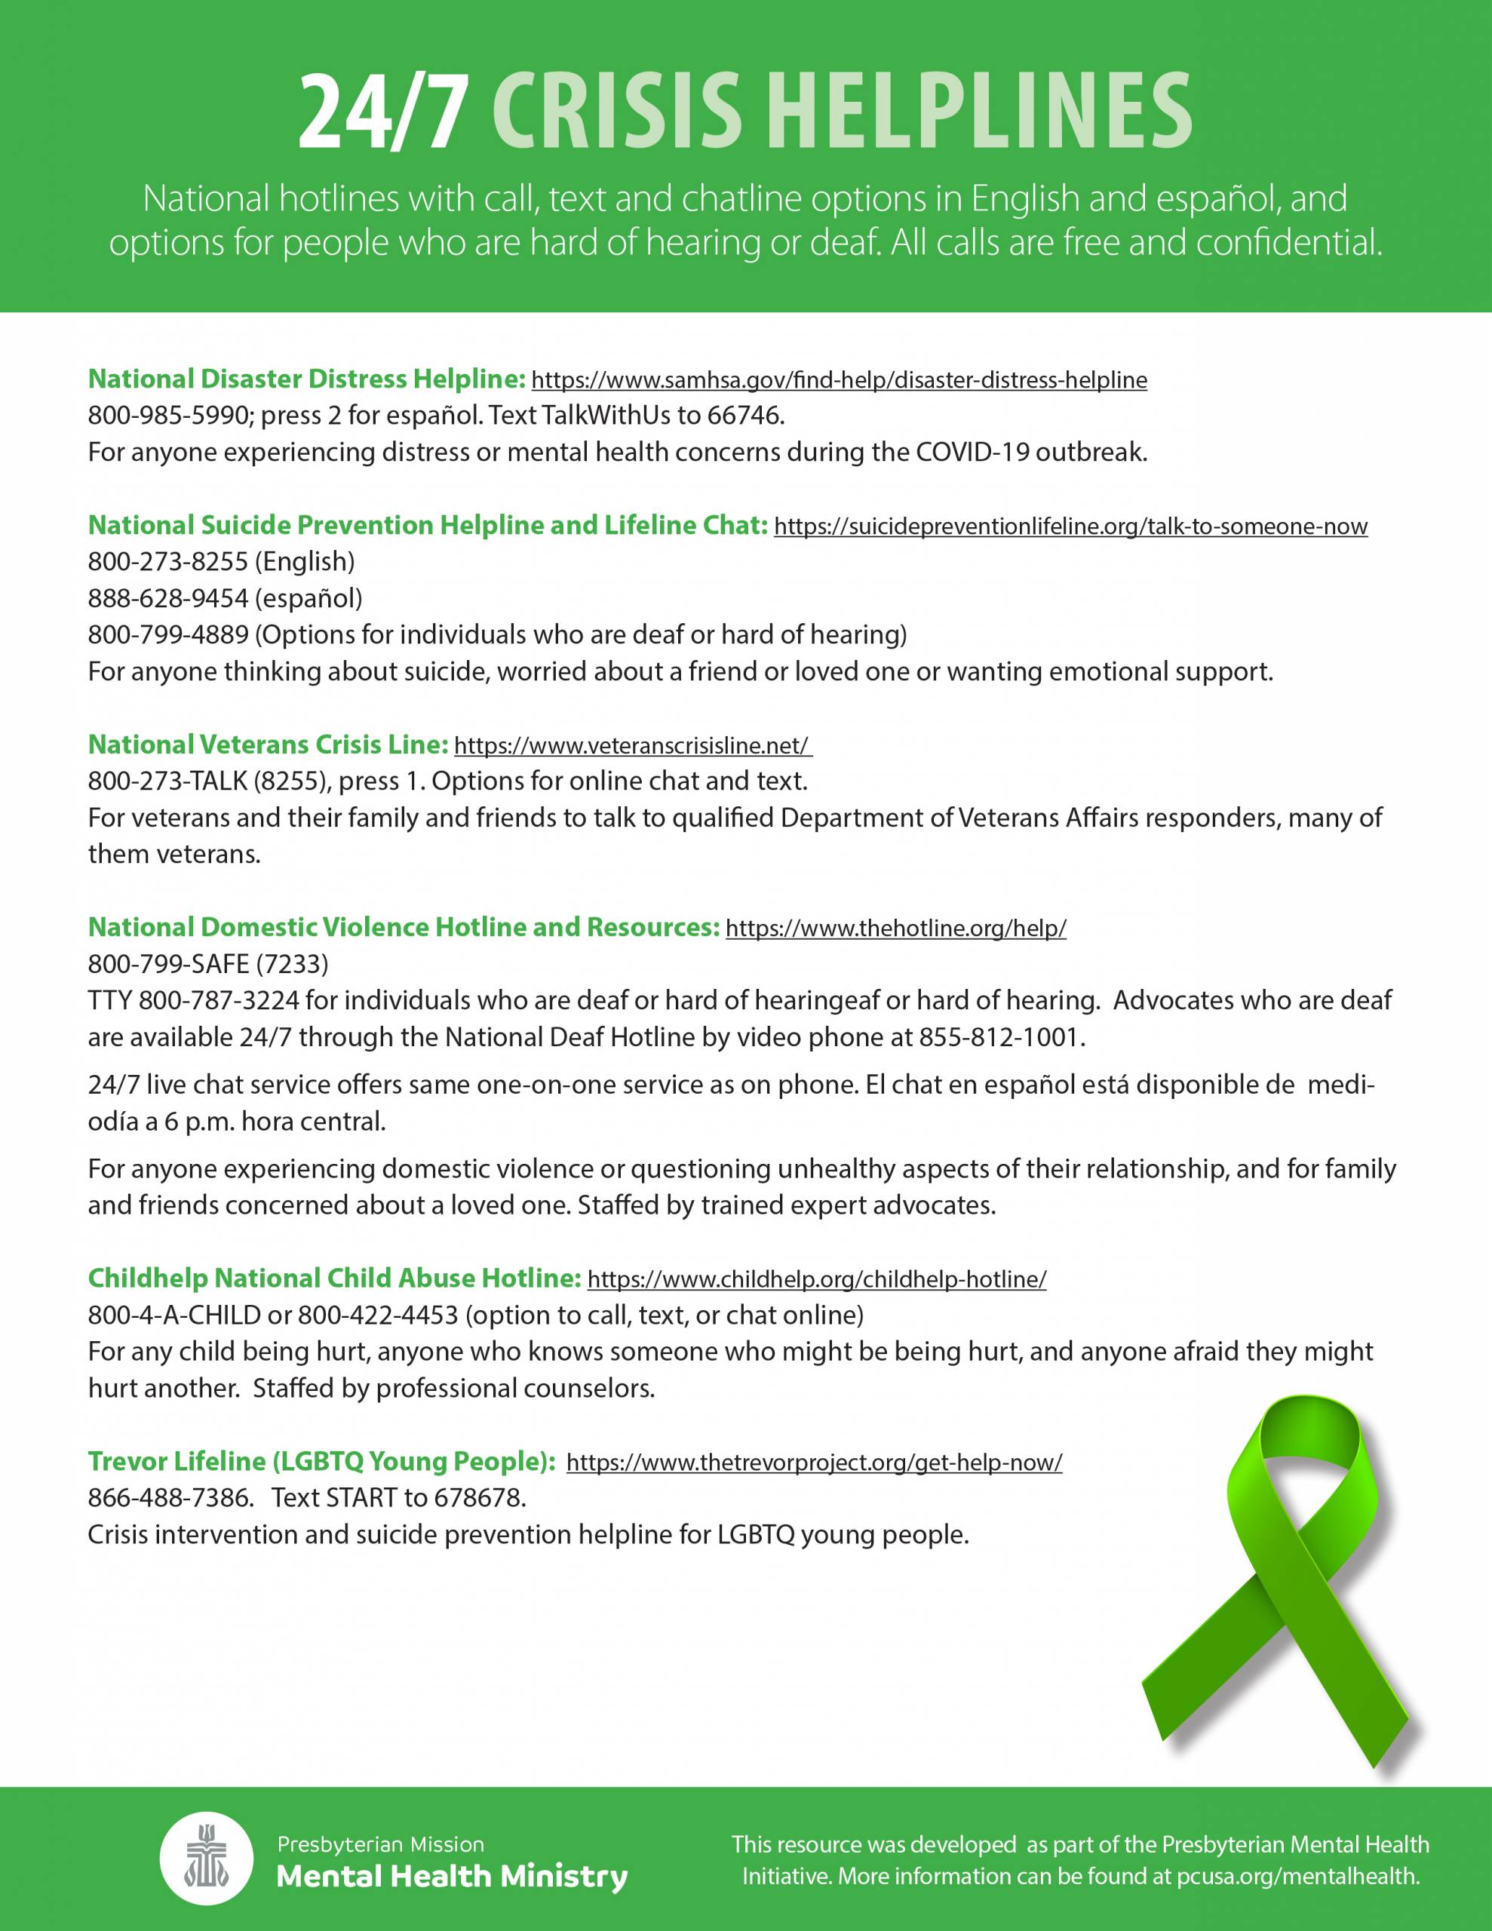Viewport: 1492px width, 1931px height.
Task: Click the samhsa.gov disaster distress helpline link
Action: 839,380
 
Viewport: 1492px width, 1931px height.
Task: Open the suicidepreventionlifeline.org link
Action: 1070,527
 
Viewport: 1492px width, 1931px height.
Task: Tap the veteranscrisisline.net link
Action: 632,745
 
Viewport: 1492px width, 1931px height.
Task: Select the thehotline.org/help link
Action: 895,929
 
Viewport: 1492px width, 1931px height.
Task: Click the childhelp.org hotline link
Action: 816,1279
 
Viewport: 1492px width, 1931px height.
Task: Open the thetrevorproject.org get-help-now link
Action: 814,1463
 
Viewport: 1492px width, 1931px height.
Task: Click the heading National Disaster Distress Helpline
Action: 307,379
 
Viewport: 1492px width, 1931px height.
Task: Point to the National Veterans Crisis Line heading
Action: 268,744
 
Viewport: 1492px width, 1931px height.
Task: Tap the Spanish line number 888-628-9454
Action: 167,599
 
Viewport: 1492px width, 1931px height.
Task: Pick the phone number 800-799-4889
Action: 167,635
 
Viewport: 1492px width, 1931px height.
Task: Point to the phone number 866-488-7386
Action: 167,1499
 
